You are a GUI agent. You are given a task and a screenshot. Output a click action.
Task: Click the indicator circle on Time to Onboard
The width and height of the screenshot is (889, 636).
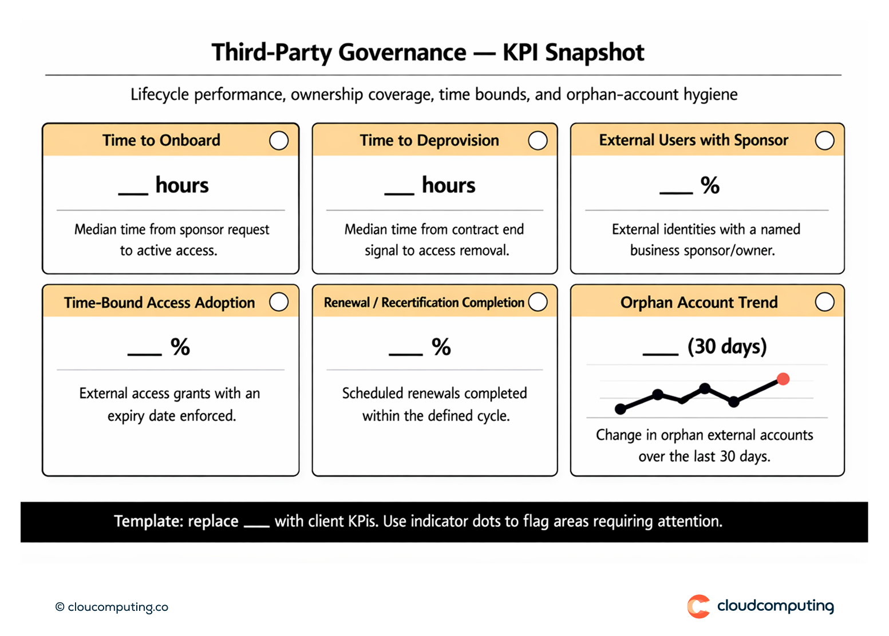(279, 140)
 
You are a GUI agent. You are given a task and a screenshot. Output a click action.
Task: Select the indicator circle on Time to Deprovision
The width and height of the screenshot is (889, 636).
(538, 140)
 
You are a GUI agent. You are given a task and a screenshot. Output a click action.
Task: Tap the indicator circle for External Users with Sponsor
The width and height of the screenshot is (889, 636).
(824, 140)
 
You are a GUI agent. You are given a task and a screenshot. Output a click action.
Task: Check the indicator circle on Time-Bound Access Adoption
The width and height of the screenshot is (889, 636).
(279, 301)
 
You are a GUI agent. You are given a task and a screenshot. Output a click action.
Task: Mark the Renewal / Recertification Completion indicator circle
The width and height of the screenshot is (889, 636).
(538, 301)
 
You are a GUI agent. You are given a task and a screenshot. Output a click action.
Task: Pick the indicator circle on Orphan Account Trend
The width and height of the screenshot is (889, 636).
(824, 301)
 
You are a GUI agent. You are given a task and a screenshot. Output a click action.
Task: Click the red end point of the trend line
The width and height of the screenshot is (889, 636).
(783, 379)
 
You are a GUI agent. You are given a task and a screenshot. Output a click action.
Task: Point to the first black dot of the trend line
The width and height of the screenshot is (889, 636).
(621, 408)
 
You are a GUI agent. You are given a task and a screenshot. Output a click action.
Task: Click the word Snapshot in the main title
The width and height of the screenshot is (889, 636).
(594, 53)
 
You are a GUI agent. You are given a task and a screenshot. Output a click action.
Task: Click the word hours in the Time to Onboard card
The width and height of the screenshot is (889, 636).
(182, 185)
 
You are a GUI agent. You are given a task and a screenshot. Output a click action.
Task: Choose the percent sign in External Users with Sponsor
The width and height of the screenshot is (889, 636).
(710, 185)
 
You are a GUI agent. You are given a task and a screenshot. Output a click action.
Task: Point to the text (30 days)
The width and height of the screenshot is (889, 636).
(727, 347)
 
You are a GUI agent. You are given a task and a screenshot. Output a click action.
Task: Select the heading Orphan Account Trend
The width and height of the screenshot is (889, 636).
(698, 302)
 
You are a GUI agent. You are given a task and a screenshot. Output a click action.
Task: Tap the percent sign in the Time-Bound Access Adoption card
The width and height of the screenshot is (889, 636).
(180, 347)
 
